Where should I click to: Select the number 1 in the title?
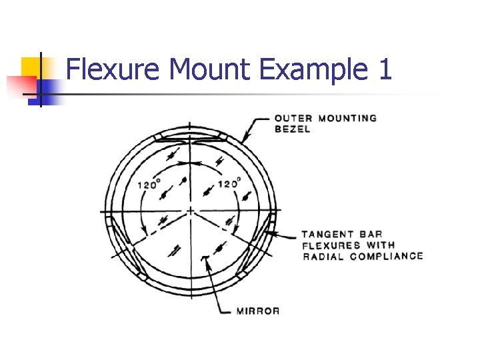coord(384,70)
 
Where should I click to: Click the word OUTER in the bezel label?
coord(293,118)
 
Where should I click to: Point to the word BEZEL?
coord(292,129)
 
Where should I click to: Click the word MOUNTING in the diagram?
coord(347,118)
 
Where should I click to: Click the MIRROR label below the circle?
coord(258,311)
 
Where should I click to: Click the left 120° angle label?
coord(149,185)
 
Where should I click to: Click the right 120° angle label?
coord(230,184)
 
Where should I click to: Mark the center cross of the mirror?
coord(191,211)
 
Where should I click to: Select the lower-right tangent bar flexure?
coord(256,247)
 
